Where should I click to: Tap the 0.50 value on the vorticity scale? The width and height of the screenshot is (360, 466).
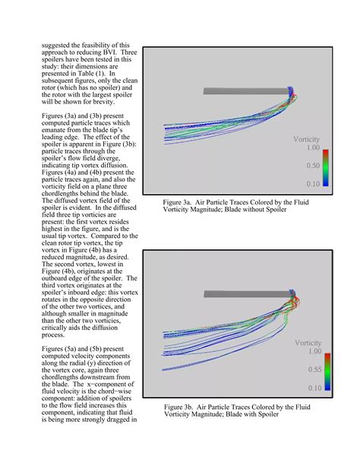(x=312, y=166)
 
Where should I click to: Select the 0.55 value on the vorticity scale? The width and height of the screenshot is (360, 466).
(x=313, y=369)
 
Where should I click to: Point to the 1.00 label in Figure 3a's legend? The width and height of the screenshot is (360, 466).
(x=312, y=149)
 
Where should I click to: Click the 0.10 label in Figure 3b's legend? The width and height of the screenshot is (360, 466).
(x=313, y=388)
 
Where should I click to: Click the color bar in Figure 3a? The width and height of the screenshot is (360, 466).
(x=327, y=167)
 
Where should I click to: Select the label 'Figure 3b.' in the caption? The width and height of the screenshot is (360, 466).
(x=180, y=407)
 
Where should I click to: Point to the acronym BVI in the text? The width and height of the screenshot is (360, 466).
(x=103, y=52)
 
